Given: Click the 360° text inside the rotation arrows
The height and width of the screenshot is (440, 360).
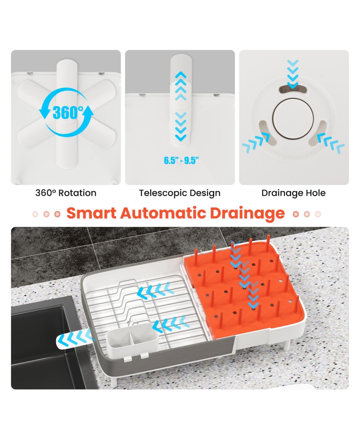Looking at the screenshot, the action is click(x=68, y=113).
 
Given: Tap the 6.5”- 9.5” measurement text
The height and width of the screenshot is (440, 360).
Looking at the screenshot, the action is click(x=181, y=161).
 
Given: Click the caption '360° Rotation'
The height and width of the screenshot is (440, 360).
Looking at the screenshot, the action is click(x=66, y=193).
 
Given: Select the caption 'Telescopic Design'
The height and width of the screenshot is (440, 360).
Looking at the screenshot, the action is click(x=180, y=193).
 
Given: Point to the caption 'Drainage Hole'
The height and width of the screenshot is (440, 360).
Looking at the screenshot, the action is click(x=293, y=193).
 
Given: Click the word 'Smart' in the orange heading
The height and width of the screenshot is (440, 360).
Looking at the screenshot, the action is click(x=91, y=213).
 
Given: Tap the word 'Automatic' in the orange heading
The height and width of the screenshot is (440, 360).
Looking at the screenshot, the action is click(x=163, y=213).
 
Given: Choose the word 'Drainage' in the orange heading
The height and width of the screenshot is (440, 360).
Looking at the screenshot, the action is click(x=247, y=214).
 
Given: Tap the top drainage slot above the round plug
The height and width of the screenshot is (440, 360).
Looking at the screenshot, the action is click(x=293, y=89).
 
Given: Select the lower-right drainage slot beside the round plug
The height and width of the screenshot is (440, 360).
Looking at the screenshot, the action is click(x=318, y=133).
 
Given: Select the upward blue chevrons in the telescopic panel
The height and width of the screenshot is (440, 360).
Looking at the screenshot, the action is click(x=181, y=86).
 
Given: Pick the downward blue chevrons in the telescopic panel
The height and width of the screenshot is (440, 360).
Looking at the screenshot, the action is click(x=181, y=127).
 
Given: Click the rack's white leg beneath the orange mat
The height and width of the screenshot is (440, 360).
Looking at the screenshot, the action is click(x=286, y=345).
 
